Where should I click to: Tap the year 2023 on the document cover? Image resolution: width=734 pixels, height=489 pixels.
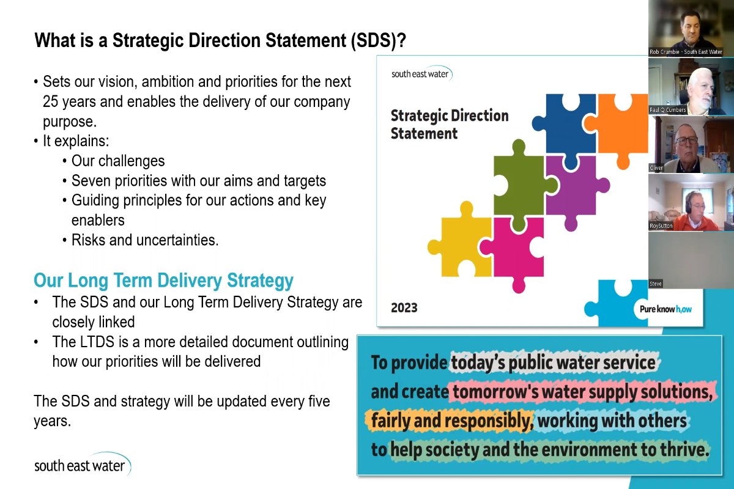(404, 307)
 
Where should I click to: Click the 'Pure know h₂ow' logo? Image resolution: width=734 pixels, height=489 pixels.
(665, 309)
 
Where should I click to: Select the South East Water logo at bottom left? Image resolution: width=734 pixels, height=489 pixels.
(82, 465)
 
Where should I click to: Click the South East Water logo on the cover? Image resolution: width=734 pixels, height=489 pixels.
(421, 74)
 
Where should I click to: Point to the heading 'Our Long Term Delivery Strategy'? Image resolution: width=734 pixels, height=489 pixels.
(163, 281)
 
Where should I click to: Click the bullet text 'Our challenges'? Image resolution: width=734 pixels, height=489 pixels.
(118, 161)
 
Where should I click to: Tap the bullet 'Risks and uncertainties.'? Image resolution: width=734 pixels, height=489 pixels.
(144, 240)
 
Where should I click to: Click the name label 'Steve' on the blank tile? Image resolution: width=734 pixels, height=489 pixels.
(656, 284)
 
